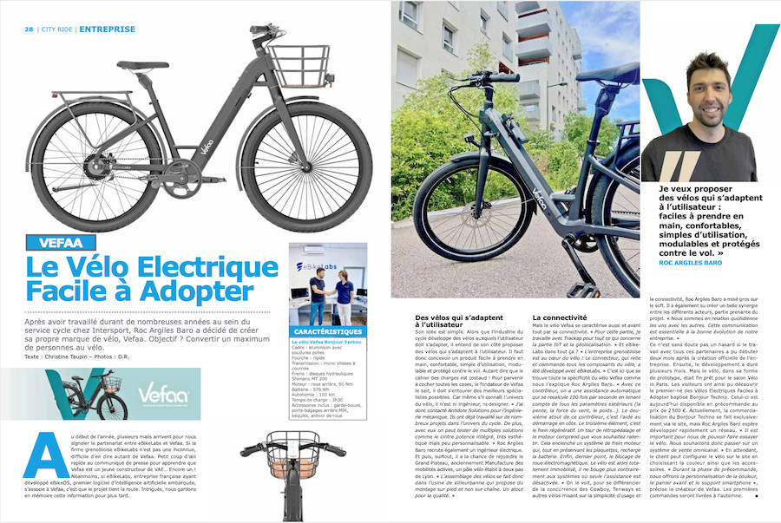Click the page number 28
(29, 29)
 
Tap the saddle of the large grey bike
(142, 65)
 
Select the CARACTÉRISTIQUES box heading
(327, 332)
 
